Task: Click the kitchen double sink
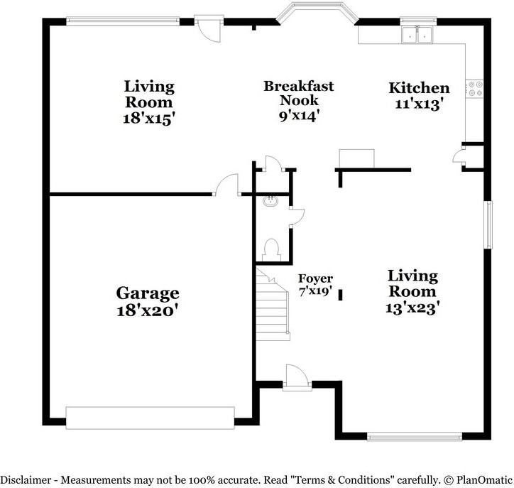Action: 417,34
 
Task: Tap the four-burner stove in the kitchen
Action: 474,88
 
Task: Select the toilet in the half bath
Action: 271,250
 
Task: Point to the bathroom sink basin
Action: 270,201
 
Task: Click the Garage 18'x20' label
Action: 148,301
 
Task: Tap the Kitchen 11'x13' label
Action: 419,96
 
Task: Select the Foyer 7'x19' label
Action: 315,285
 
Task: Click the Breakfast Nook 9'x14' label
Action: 299,101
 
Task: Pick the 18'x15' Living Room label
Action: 148,102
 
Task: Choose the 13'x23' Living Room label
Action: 412,291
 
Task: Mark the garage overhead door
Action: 150,418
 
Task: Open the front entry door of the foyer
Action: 297,377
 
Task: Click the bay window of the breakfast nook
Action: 317,13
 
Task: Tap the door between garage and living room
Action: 226,185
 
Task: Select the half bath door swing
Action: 297,217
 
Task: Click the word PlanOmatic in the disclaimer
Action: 484,480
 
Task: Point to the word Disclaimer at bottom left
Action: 26,480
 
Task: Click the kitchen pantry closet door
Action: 459,157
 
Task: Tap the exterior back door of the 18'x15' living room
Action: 209,29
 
